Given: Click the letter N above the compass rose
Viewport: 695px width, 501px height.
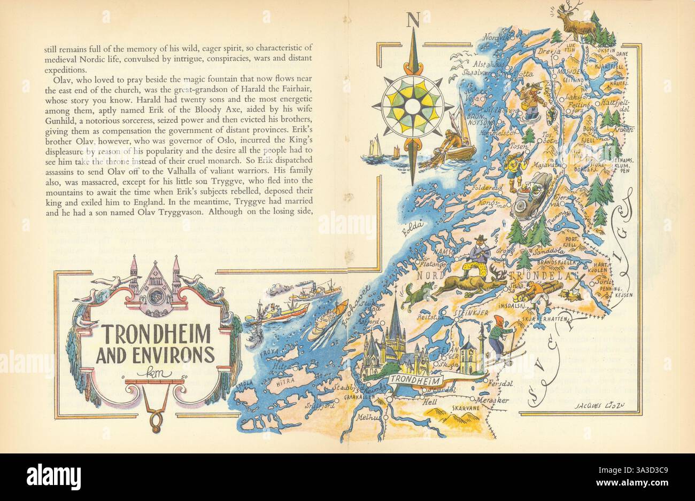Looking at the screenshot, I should pyautogui.click(x=413, y=20).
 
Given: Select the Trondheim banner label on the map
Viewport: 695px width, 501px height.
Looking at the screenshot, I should pyautogui.click(x=415, y=380).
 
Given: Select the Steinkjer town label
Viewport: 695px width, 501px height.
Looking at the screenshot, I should pyautogui.click(x=471, y=314).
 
